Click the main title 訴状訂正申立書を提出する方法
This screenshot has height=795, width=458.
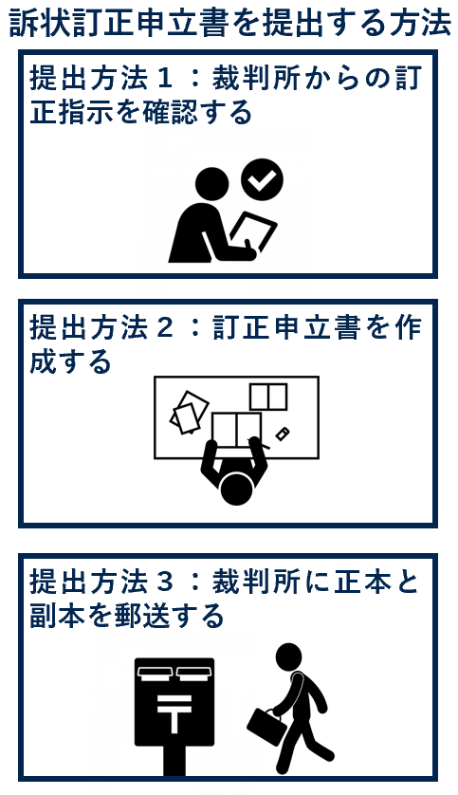tap(229, 23)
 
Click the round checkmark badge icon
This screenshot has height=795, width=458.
tap(262, 179)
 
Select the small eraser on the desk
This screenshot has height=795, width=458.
tap(283, 434)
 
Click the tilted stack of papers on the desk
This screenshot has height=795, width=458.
tap(189, 412)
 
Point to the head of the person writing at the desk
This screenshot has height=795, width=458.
tap(236, 489)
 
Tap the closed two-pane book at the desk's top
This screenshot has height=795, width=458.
tap(268, 397)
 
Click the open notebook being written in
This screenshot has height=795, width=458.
tap(236, 431)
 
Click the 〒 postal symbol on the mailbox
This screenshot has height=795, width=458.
tap(174, 712)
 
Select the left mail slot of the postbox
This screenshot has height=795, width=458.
tap(155, 673)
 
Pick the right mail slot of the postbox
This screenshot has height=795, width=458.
tap(193, 673)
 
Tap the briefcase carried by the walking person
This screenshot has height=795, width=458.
tap(267, 727)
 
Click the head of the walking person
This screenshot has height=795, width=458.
tap(288, 657)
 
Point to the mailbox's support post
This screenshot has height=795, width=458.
tap(174, 761)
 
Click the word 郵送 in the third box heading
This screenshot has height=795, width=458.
tap(141, 616)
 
